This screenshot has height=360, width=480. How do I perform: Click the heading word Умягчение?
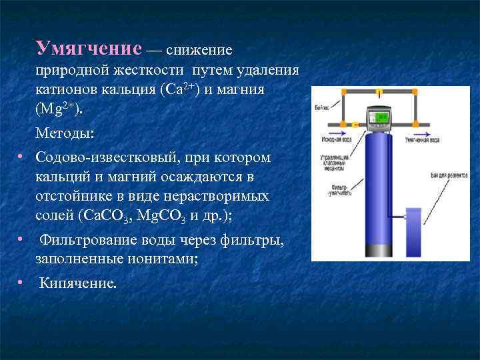coord(89,49)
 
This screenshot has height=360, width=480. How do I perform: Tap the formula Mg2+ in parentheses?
coord(60,107)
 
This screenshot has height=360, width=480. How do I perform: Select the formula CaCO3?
coord(109,215)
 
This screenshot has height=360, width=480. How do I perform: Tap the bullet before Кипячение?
coord(21,283)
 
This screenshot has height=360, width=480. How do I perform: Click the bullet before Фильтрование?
coord(21,239)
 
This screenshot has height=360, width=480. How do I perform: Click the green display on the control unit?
coord(382,117)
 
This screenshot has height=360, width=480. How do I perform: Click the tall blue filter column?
coord(381,193)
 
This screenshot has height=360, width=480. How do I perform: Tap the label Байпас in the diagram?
coord(319,107)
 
